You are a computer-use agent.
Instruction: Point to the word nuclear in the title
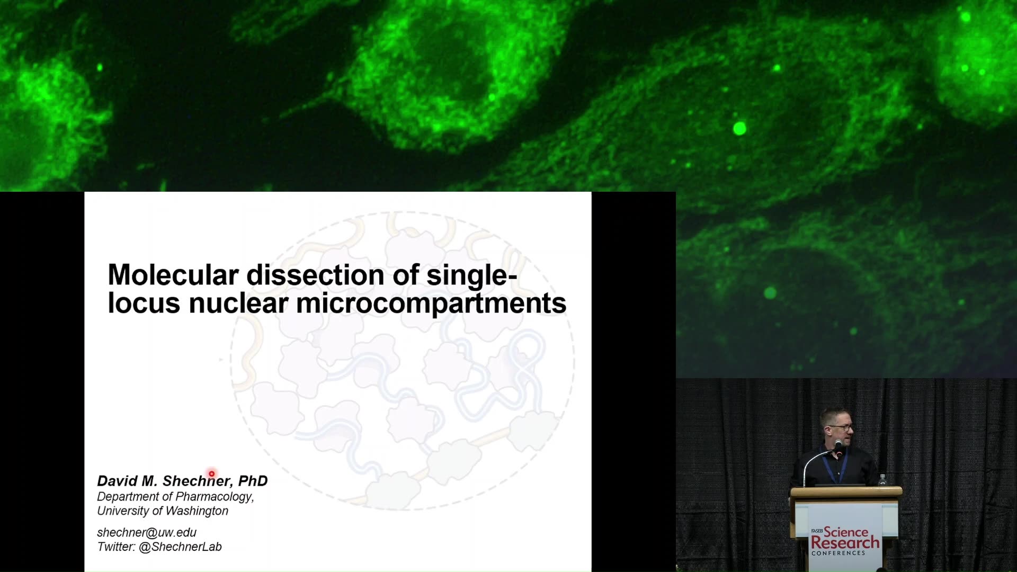[238, 303]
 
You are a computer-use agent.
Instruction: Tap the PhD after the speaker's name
[253, 481]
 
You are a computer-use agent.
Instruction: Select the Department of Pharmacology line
[175, 497]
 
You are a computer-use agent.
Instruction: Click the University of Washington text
[163, 511]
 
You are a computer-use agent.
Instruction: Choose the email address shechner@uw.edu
[147, 532]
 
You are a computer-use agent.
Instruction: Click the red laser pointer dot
[211, 473]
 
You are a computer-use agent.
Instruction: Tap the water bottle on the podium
[882, 480]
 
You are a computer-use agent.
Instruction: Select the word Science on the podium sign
[846, 532]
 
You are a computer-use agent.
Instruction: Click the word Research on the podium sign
[845, 543]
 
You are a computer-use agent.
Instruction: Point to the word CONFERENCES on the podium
[838, 553]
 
